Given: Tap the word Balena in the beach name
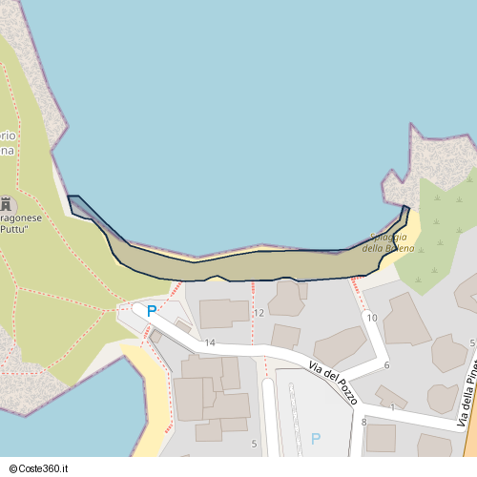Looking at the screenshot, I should (402, 248).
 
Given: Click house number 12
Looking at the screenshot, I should (259, 313).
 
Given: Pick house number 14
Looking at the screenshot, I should (210, 342).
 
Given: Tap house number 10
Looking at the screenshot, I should (371, 318).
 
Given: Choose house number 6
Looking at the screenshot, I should (386, 365).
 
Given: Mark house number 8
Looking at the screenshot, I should (363, 421).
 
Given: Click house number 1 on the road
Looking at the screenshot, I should (392, 408).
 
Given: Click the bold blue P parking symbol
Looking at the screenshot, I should (151, 311).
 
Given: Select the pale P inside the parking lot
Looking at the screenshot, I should (316, 439).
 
